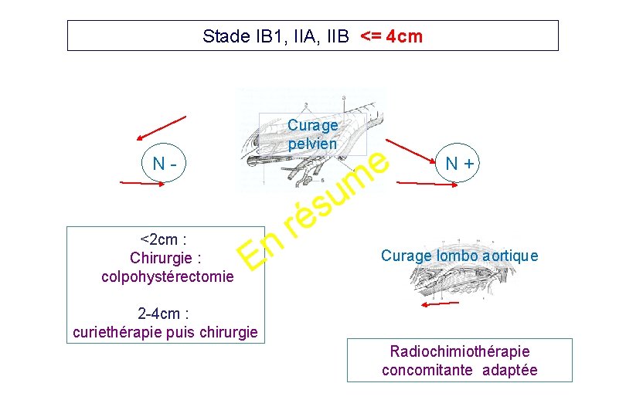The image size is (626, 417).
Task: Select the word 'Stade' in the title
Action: coord(220,36)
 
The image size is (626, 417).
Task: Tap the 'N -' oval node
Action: coord(165,163)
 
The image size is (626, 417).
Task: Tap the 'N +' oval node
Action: coord(458,163)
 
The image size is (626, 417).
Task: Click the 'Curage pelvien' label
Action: coord(312,134)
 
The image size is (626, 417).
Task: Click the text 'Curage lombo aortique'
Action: coord(459,256)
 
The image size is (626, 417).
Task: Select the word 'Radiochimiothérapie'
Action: coord(460,351)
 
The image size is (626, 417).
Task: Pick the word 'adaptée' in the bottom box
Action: coord(509,370)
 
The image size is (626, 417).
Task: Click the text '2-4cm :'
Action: coord(164,314)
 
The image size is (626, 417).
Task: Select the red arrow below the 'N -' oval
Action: coord(147,183)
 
